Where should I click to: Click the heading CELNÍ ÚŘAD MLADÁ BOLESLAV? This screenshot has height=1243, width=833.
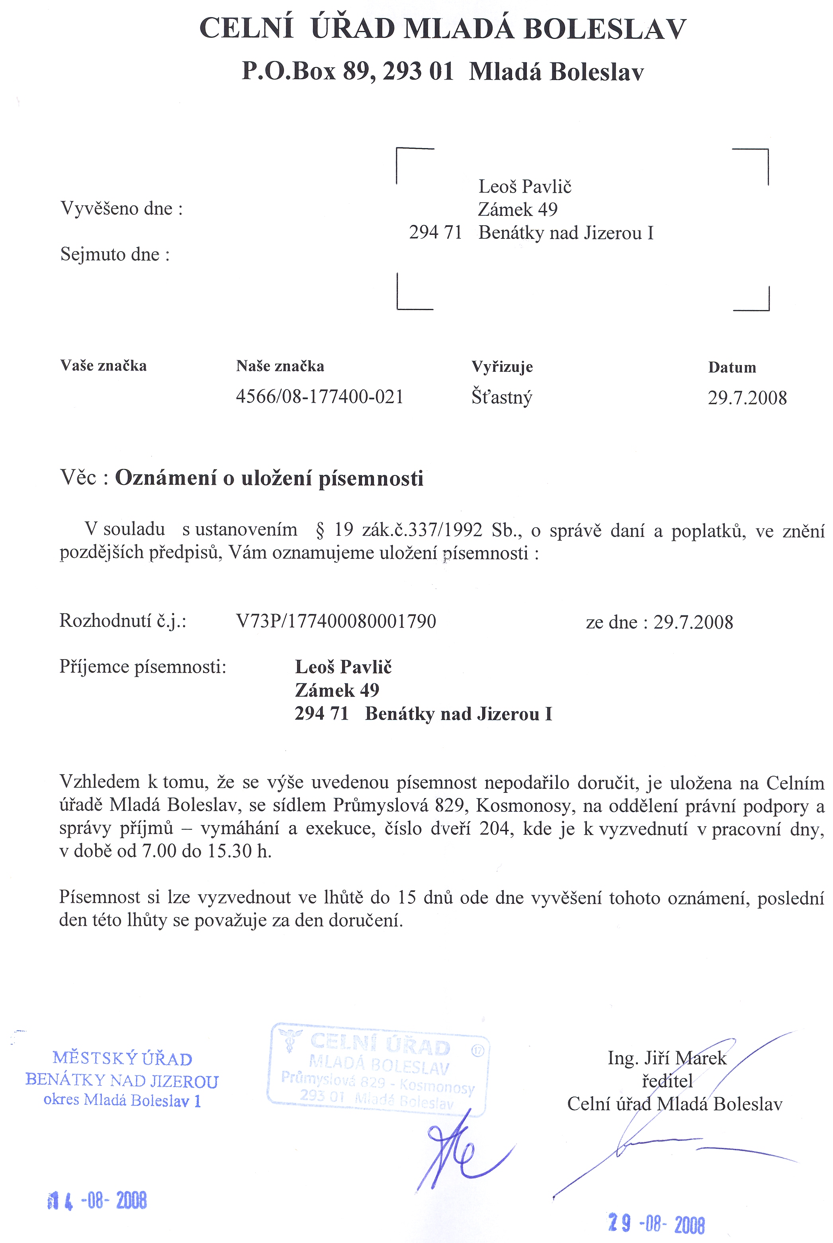pyautogui.click(x=442, y=29)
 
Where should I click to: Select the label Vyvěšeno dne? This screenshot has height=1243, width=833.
pyautogui.click(x=122, y=208)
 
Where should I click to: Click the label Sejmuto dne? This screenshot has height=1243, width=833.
pyautogui.click(x=115, y=254)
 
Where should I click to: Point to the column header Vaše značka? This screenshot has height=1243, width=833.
pyautogui.click(x=103, y=366)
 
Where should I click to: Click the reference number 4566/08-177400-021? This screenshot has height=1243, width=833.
pyautogui.click(x=319, y=397)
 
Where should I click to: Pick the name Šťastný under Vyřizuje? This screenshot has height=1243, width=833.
pyautogui.click(x=501, y=398)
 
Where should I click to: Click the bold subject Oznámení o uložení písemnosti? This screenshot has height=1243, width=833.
pyautogui.click(x=269, y=478)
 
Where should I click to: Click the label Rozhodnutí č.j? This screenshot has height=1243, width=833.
pyautogui.click(x=123, y=621)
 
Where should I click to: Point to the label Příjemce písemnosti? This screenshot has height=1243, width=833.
pyautogui.click(x=143, y=666)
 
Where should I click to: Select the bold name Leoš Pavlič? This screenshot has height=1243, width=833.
pyautogui.click(x=343, y=667)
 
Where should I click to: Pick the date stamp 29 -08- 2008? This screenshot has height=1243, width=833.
pyautogui.click(x=657, y=1224)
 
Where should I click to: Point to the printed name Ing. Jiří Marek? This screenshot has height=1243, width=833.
pyautogui.click(x=667, y=1058)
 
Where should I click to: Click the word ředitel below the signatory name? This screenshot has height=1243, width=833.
pyautogui.click(x=667, y=1081)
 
